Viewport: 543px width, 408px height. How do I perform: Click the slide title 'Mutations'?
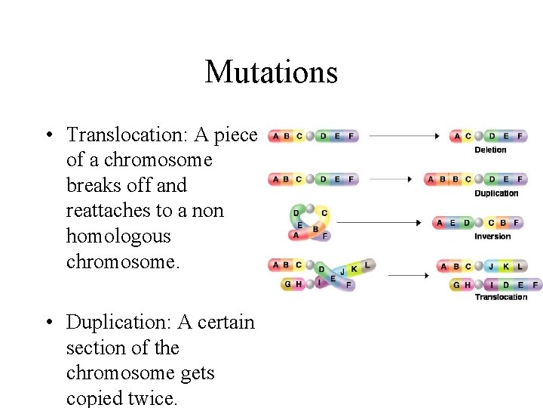click(271, 73)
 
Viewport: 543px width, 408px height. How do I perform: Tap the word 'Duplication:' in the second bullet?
click(119, 323)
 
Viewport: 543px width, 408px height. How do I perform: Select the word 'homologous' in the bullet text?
click(118, 236)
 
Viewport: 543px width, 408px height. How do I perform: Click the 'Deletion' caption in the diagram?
click(490, 150)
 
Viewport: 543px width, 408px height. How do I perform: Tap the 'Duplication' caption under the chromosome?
click(496, 193)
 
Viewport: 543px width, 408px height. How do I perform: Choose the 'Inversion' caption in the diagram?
click(492, 236)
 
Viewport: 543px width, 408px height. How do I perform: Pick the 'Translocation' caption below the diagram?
click(501, 297)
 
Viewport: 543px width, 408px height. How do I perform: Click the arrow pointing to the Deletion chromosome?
click(403, 136)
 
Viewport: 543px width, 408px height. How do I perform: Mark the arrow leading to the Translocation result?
click(408, 276)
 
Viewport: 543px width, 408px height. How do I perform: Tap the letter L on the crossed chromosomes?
click(367, 266)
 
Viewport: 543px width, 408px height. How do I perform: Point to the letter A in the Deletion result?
click(458, 137)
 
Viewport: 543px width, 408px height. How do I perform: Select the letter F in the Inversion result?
click(517, 223)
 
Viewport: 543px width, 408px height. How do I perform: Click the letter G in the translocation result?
click(457, 285)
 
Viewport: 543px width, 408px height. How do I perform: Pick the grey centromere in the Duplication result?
click(479, 180)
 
